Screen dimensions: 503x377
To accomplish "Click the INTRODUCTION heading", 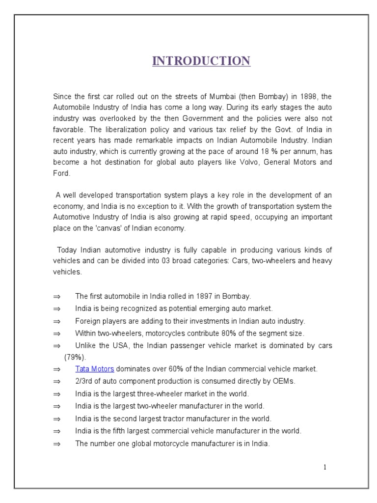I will (201, 61).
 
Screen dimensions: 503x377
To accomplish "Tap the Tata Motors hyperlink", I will (94, 369).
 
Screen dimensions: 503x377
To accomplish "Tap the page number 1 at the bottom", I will (324, 467).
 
